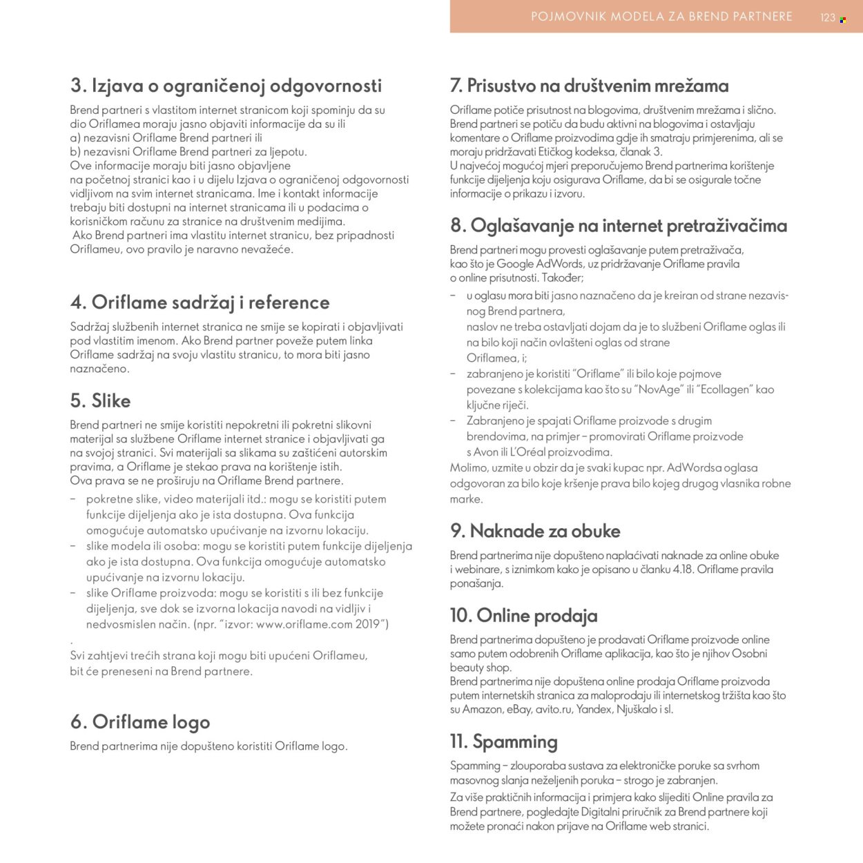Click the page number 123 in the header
point(828,18)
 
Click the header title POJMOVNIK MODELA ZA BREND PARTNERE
point(661,17)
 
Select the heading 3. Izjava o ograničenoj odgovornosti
point(226,86)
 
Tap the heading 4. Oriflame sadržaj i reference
point(200,302)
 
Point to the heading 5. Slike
point(100,401)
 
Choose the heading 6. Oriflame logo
point(139,722)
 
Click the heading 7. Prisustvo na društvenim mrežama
point(589,86)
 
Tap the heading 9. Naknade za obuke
point(534,531)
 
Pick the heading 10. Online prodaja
point(523,615)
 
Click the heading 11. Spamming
point(503,741)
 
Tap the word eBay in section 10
point(518,709)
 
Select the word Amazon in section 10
point(482,709)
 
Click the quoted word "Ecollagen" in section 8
point(724,389)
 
